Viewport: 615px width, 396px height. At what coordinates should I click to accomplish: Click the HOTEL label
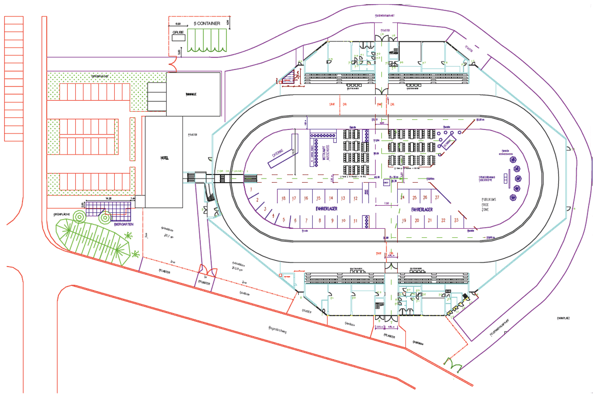(163, 158)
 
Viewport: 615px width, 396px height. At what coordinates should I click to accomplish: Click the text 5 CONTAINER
(208, 24)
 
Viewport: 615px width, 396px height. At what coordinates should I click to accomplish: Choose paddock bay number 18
(283, 198)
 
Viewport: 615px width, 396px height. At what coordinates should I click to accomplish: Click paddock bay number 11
(355, 221)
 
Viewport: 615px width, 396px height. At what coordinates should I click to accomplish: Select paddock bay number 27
(437, 197)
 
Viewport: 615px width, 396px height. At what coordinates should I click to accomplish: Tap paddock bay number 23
(456, 221)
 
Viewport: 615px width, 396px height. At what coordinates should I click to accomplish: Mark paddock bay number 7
(307, 221)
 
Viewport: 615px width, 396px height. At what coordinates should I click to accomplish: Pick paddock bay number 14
(331, 198)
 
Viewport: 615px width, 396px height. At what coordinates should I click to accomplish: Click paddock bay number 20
(417, 221)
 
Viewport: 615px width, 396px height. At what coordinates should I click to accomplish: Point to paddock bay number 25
(414, 197)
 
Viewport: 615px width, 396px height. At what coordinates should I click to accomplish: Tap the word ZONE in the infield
(485, 210)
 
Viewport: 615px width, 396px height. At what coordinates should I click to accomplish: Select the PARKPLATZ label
(564, 318)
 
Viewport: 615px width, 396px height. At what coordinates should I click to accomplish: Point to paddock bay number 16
(306, 198)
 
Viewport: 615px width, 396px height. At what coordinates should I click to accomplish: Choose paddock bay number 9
(332, 221)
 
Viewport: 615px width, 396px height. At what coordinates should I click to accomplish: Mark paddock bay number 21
(430, 221)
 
